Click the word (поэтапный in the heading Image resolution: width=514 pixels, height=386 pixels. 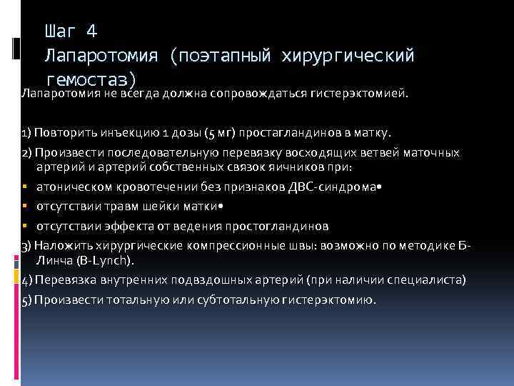221,54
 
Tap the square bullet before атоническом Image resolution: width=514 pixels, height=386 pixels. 24,188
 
